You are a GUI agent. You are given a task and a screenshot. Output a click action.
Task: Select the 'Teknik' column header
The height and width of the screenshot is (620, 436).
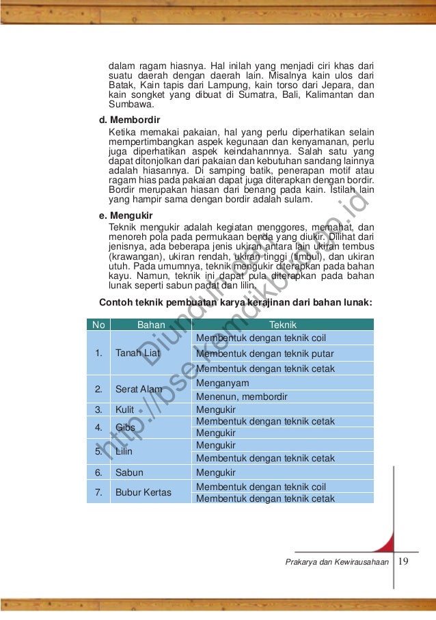coord(283,325)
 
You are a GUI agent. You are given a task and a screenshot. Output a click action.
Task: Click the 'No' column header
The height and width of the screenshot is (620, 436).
coord(99,325)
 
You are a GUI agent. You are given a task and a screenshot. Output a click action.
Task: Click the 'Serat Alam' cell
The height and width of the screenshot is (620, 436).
coord(139,390)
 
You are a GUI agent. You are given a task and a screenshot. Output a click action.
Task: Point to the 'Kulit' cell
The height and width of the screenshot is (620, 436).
coord(124,410)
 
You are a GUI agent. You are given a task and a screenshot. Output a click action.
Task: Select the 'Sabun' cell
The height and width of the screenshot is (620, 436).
coord(128,472)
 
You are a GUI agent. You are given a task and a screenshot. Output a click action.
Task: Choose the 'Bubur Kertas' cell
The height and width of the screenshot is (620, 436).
coord(144,492)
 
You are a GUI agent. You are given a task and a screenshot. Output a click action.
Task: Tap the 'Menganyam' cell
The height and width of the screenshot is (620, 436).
coord(222,383)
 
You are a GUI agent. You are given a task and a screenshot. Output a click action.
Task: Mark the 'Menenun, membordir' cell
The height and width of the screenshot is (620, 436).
coord(241,396)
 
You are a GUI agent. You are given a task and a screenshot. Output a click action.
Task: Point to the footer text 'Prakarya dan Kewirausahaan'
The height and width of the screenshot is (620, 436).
coord(338,563)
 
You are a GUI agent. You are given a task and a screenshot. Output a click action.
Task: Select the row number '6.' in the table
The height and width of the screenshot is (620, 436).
coord(99,472)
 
